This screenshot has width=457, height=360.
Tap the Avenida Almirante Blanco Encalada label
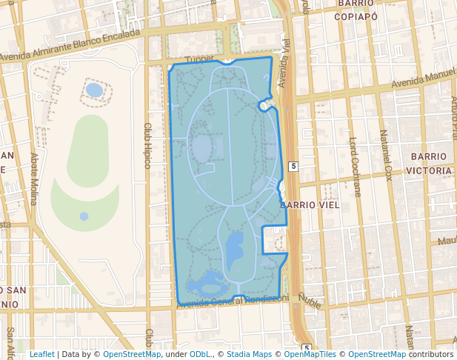70,46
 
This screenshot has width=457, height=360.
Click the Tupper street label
199,59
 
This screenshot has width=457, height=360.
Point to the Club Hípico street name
147,146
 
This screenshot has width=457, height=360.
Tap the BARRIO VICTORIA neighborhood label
430,164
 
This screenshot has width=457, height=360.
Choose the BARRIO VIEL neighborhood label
310,204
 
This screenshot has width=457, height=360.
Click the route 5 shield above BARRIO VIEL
293,166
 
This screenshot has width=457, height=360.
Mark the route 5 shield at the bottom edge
306,348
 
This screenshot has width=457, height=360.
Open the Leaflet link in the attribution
41,354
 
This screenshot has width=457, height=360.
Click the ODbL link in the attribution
200,354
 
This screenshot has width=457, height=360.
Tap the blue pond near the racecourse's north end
94,90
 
